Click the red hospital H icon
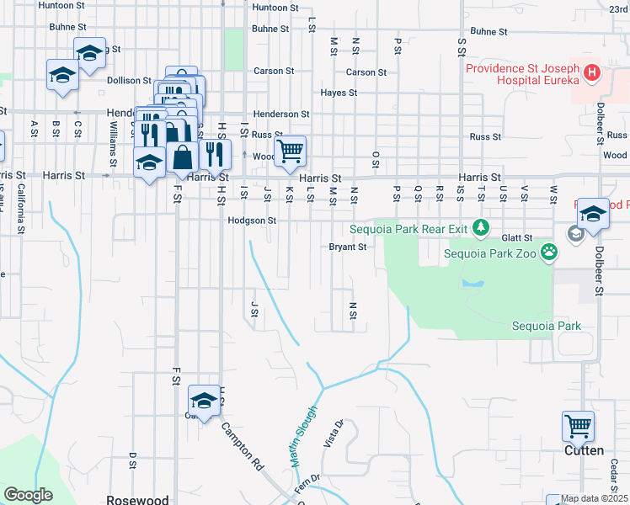(592, 73)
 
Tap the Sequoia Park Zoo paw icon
(549, 251)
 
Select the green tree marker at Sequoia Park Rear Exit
(480, 226)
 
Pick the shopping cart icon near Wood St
(290, 151)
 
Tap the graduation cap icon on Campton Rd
(203, 399)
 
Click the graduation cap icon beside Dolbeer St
(593, 213)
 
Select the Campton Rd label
(243, 441)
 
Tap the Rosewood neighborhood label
(138, 499)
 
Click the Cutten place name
(584, 450)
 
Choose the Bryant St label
(347, 247)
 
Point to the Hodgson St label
(252, 221)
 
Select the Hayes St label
(339, 93)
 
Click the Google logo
(28, 494)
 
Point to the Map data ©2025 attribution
(594, 499)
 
